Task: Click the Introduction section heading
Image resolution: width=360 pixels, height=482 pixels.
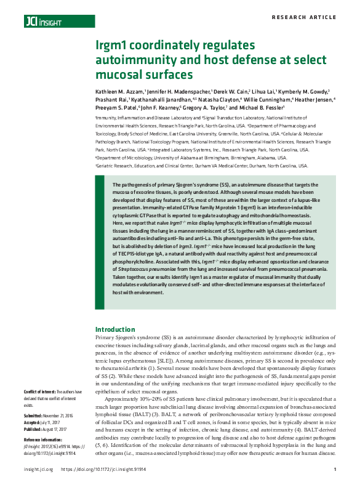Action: click(115, 329)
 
